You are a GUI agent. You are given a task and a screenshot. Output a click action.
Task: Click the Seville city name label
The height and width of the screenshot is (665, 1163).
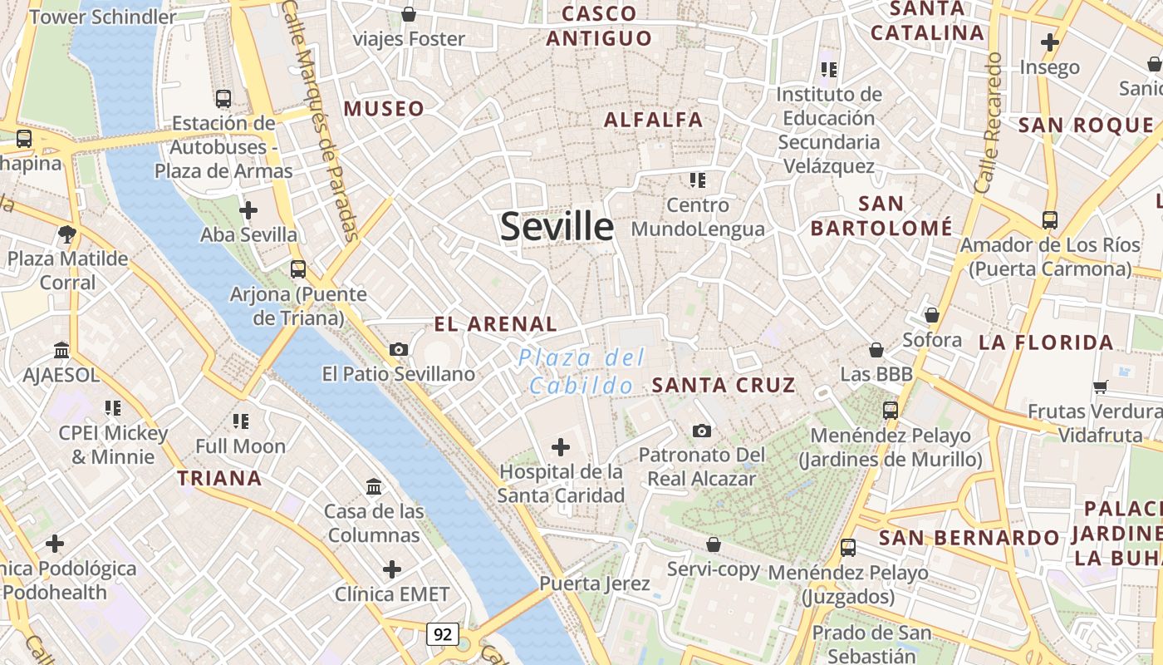click(557, 226)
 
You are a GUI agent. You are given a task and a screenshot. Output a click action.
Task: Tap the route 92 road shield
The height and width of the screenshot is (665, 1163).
click(443, 634)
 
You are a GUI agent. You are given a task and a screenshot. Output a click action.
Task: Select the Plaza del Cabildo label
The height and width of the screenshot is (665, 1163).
click(581, 372)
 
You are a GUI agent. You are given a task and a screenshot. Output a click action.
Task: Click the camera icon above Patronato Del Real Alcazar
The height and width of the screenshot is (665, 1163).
click(702, 431)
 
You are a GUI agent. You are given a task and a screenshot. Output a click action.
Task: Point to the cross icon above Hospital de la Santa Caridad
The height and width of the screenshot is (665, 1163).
click(561, 447)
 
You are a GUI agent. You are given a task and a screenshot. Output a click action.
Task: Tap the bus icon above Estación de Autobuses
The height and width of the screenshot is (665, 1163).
click(223, 98)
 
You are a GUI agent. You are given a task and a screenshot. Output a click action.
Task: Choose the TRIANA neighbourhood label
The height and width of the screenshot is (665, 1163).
click(219, 478)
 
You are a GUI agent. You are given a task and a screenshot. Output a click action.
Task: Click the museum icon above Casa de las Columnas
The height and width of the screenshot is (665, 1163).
click(374, 485)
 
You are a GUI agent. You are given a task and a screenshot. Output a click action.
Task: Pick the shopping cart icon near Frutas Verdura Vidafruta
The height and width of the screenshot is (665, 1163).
click(1101, 386)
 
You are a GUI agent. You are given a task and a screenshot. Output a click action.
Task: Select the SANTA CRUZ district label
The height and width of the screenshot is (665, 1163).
click(724, 385)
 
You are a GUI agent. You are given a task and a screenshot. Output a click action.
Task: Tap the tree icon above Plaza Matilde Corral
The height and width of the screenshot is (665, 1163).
click(67, 234)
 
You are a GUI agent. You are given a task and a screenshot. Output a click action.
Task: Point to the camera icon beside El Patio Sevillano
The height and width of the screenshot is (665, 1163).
click(399, 349)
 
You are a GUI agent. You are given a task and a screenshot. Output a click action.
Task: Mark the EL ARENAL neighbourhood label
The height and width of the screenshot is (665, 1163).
click(495, 324)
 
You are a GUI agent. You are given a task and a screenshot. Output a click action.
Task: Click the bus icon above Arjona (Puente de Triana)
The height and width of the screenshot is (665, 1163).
click(297, 269)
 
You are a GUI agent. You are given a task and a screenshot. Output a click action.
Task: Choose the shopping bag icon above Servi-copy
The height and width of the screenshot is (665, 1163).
click(713, 544)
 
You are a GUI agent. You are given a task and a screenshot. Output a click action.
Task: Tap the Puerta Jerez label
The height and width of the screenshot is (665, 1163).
click(595, 584)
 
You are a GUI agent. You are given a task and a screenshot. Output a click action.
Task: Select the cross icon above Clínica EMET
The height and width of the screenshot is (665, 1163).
click(392, 569)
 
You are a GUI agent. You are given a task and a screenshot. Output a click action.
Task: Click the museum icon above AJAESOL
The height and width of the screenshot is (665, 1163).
click(61, 350)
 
